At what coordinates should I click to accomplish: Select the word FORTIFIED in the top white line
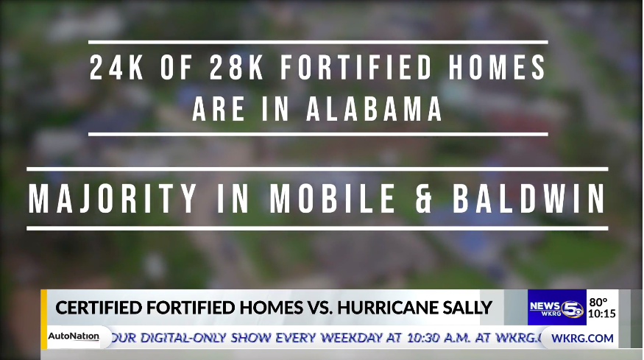(x=356, y=68)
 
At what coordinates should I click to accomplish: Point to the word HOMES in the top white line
(x=498, y=68)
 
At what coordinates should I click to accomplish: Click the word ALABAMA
(x=374, y=109)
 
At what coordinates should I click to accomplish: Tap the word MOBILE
(x=333, y=199)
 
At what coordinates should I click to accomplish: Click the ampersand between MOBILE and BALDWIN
(x=424, y=199)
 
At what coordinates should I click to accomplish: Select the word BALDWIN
(x=529, y=199)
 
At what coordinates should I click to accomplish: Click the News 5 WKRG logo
(x=557, y=308)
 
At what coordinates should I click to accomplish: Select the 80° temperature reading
(x=598, y=303)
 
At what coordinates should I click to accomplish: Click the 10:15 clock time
(x=602, y=314)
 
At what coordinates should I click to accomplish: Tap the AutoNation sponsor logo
(x=74, y=336)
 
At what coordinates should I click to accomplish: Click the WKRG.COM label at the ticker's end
(x=582, y=338)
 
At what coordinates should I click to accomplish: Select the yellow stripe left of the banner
(x=43, y=320)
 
